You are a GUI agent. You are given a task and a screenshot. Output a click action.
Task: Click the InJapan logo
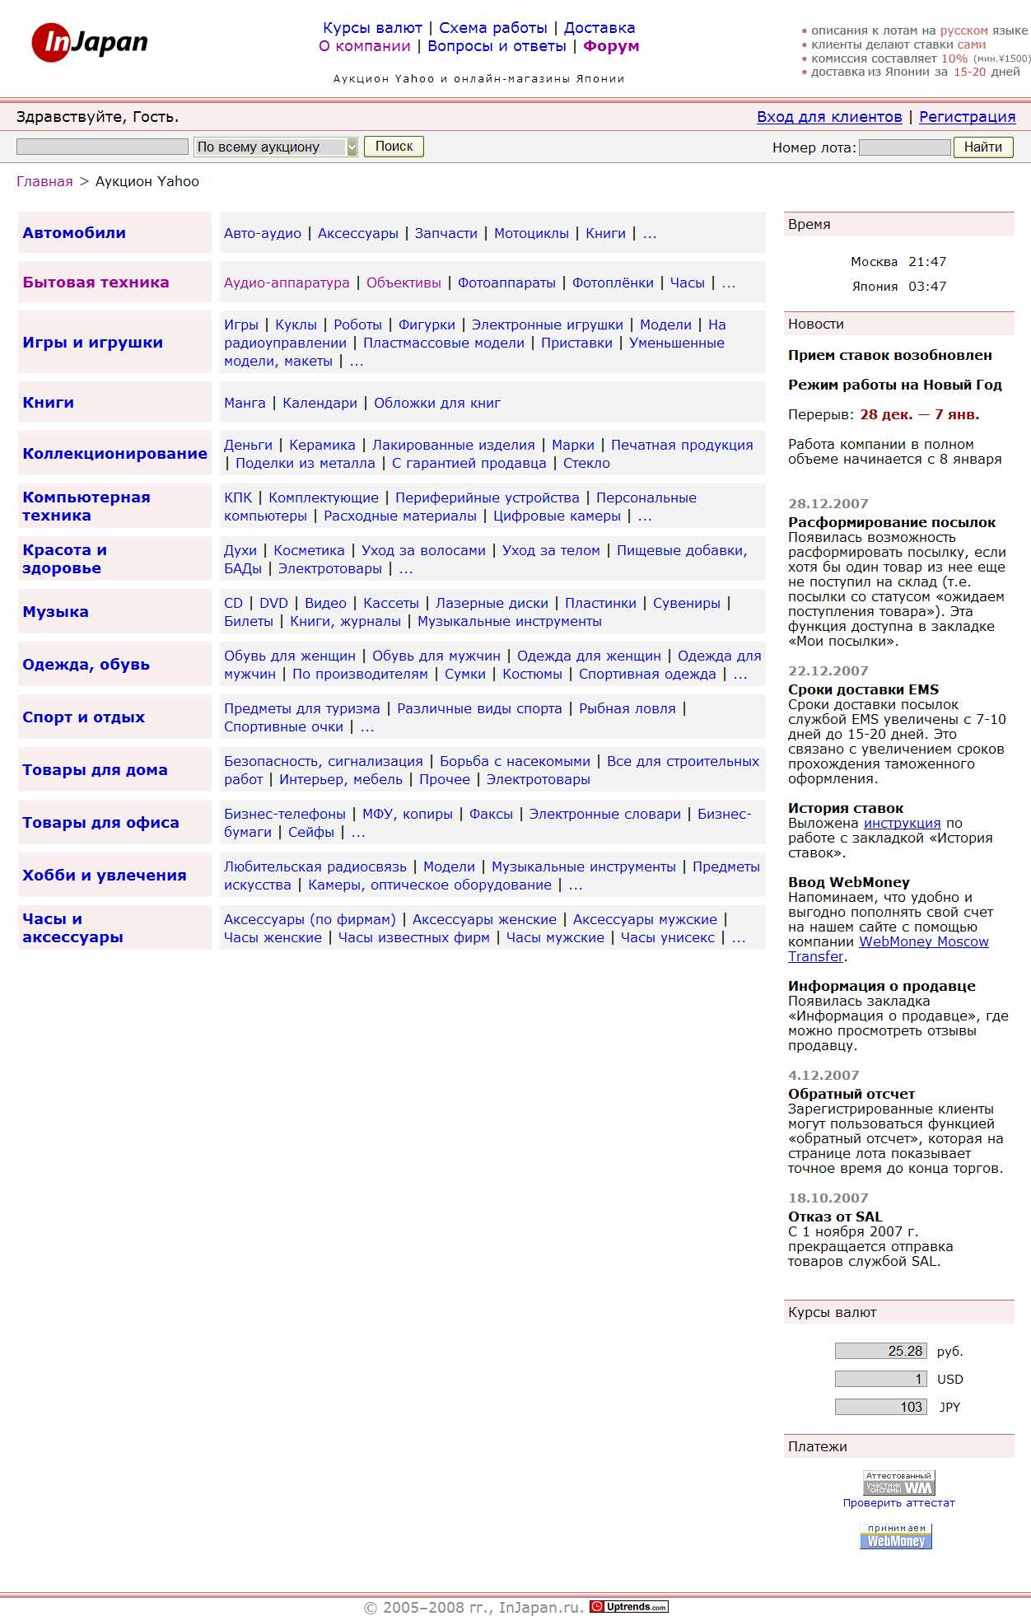(90, 42)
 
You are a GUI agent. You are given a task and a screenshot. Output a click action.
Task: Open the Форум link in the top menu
(611, 46)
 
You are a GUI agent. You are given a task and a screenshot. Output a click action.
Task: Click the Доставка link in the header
(599, 28)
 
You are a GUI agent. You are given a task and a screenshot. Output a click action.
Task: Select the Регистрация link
(967, 117)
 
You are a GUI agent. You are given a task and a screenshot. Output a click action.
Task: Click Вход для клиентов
(829, 117)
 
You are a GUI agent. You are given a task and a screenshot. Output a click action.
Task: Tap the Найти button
(982, 147)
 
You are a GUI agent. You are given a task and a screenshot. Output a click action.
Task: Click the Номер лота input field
(904, 147)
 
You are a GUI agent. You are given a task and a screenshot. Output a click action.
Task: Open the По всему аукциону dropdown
(276, 147)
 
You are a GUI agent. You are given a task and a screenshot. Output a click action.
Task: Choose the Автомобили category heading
(74, 233)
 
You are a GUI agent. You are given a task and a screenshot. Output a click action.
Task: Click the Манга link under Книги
(245, 403)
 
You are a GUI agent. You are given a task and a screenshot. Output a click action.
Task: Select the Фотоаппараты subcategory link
(506, 283)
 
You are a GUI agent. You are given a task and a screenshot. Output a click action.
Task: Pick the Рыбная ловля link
(627, 708)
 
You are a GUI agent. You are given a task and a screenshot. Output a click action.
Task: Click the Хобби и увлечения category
(105, 875)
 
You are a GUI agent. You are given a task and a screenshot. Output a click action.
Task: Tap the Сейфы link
(311, 832)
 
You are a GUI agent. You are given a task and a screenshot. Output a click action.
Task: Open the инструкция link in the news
(902, 823)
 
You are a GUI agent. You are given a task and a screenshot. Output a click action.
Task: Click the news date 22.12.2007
(828, 670)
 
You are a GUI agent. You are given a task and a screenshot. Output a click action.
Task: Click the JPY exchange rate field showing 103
(880, 1407)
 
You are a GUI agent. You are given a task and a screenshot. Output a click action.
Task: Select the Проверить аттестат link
(898, 1503)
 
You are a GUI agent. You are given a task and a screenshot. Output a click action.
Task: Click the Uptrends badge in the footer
(629, 1606)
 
